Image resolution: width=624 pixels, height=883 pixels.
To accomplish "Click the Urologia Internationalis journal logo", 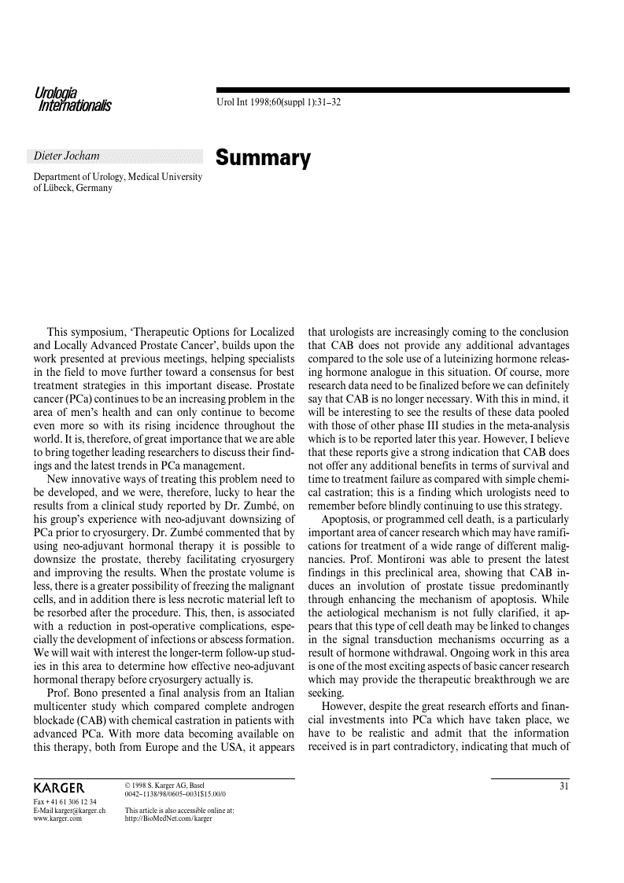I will [72, 100].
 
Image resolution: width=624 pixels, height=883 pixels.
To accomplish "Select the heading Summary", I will [263, 158].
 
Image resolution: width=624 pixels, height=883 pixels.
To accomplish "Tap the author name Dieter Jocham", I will [67, 156].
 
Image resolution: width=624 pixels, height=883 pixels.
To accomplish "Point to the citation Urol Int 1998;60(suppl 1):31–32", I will [278, 102].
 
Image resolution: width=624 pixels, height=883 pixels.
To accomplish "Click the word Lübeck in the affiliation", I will [59, 188].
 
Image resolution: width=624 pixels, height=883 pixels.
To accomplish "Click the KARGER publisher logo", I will [59, 788].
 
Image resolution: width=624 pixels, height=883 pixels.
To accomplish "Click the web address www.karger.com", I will [57, 819].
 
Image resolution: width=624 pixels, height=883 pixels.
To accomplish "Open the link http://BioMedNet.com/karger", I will [168, 819].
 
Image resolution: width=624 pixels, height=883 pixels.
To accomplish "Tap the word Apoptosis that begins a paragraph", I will [347, 520].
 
